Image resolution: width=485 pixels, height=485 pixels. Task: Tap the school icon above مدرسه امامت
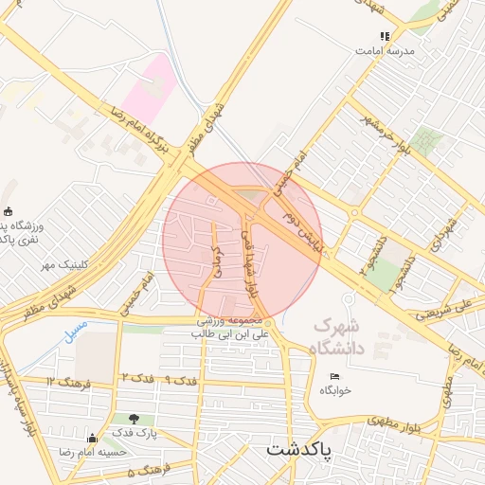[385, 37]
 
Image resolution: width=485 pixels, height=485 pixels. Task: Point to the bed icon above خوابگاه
[333, 377]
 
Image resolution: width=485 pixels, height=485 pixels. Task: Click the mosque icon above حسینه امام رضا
[92, 438]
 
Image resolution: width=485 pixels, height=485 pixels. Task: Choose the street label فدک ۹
[180, 380]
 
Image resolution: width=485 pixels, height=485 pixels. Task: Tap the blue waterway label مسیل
[75, 331]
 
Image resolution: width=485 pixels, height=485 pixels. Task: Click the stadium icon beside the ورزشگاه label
[9, 210]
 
